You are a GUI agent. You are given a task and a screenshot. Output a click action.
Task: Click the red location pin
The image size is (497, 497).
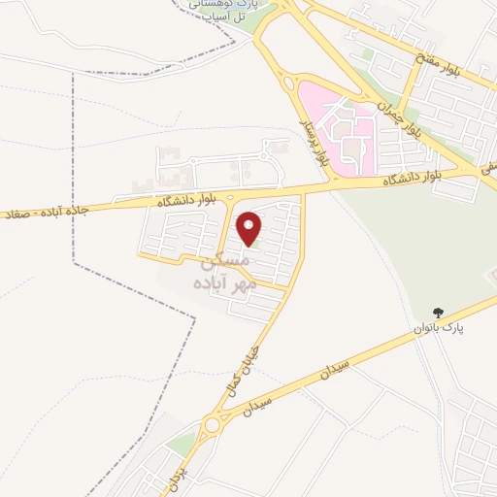[x=250, y=229]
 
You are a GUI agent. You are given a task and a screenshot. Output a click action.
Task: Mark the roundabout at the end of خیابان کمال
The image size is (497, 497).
[x=213, y=424]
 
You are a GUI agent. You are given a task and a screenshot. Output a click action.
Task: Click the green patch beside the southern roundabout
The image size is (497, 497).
[x=181, y=444]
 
